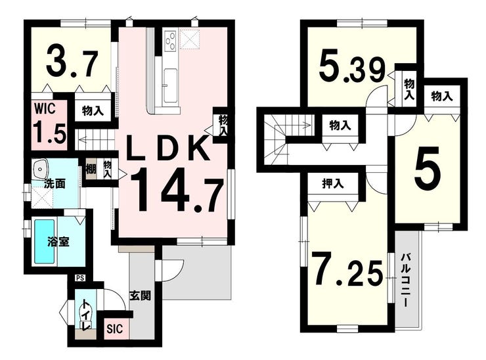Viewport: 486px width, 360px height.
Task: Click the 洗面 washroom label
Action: (x=54, y=185)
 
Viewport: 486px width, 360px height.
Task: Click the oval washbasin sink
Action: (x=43, y=167)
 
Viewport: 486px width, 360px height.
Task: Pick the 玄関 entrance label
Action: (x=141, y=296)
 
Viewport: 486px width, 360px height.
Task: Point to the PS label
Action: (x=80, y=278)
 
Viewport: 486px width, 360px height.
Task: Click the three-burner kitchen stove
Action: (x=169, y=41)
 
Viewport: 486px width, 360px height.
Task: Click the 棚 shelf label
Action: (x=91, y=168)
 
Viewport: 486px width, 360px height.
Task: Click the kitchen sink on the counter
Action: (x=170, y=85)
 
